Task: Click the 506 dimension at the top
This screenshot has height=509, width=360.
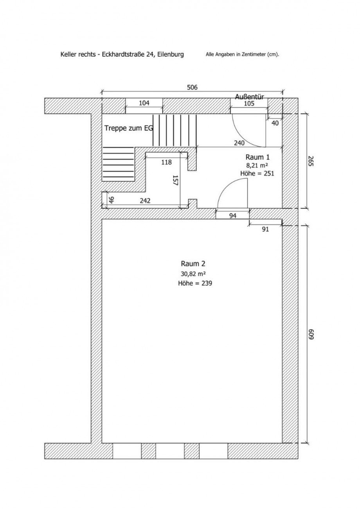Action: pyautogui.click(x=192, y=87)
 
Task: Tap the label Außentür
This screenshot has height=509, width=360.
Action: pyautogui.click(x=249, y=97)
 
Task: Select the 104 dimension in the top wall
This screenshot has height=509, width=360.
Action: pyautogui.click(x=144, y=103)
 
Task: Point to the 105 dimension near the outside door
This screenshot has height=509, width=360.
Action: pyautogui.click(x=249, y=104)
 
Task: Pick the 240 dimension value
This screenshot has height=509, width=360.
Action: pyautogui.click(x=239, y=143)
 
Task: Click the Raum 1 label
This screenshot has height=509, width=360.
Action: pyautogui.click(x=257, y=157)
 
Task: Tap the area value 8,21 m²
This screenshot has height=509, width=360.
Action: pyautogui.click(x=257, y=165)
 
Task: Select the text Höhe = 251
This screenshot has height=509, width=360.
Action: pyautogui.click(x=257, y=173)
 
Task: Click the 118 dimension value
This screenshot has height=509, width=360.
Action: pyautogui.click(x=166, y=162)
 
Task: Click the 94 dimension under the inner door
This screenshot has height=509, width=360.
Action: pyautogui.click(x=233, y=215)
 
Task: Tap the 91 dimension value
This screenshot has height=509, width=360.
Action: pyautogui.click(x=265, y=229)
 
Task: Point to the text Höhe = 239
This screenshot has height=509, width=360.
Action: pyautogui.click(x=195, y=284)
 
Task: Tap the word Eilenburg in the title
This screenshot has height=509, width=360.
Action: pyautogui.click(x=171, y=55)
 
